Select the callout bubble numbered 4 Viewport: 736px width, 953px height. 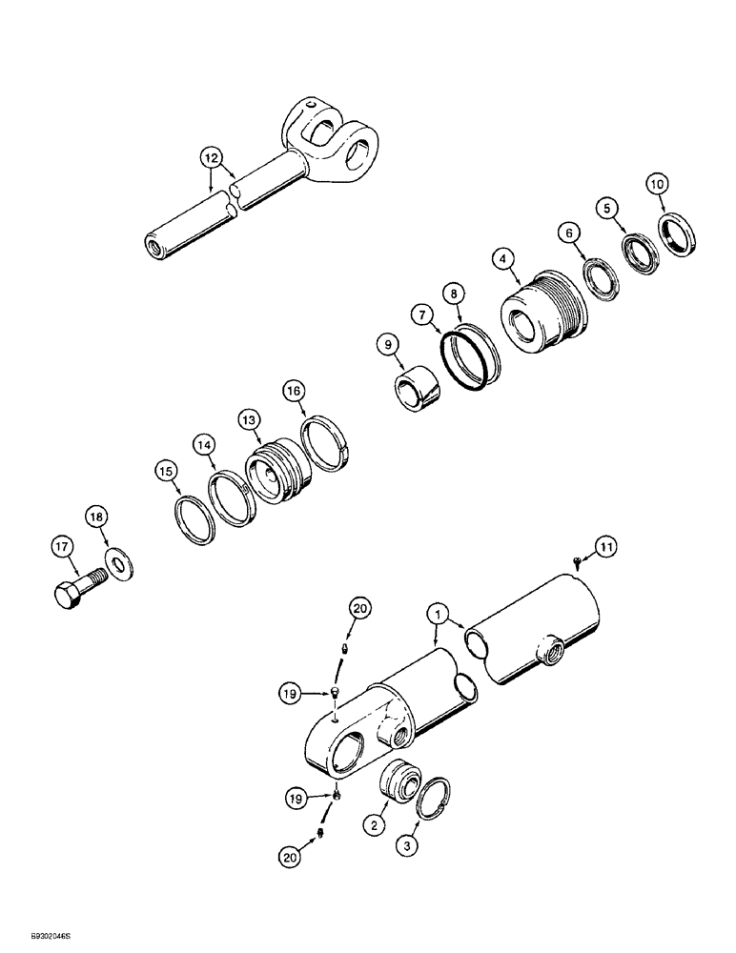click(x=503, y=257)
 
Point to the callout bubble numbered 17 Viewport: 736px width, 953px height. click(x=62, y=547)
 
